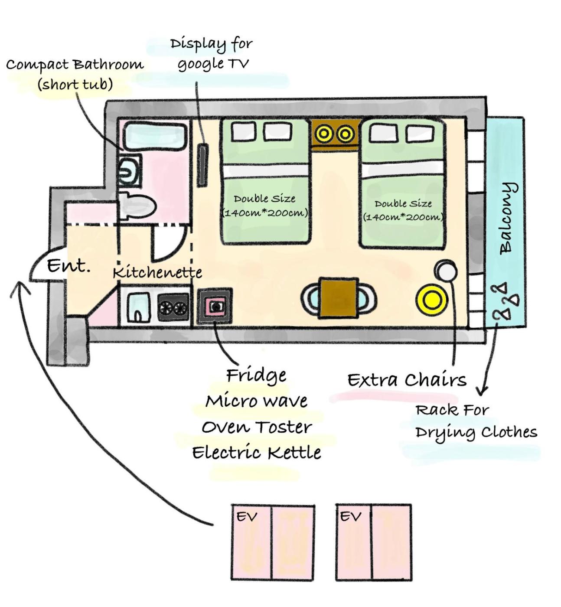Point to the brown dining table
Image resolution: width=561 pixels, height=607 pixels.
pos(338,298)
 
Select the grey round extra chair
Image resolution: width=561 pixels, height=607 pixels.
pos(446,271)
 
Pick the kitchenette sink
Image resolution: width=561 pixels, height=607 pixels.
pos(138,307)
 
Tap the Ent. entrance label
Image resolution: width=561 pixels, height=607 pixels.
pos(68,265)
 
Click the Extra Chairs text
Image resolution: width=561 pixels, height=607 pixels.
pos(407,380)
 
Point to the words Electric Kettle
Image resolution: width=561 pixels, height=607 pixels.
pos(257,453)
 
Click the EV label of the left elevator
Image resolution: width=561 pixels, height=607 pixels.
pos(247,517)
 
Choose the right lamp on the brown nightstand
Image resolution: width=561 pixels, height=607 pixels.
pos(346,134)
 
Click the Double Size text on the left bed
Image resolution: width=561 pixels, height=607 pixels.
pos(264,199)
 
